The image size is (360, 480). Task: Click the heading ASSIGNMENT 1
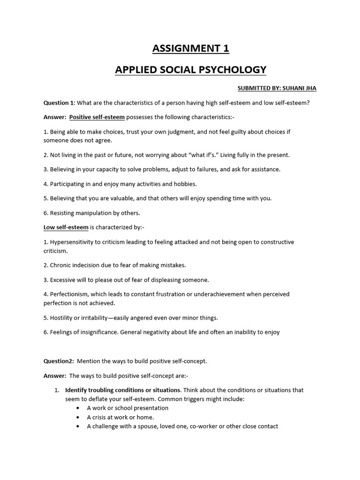tap(190, 48)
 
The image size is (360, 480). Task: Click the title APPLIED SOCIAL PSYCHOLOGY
tap(190, 70)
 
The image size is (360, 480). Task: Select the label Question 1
tap(59, 103)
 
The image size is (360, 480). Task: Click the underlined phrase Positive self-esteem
tap(97, 117)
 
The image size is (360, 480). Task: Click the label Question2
tap(59, 361)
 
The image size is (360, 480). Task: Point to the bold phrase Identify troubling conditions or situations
tap(123, 390)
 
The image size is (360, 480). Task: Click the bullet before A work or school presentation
tap(77, 408)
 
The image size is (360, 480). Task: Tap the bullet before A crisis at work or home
tap(77, 417)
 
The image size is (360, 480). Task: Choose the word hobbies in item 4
tap(185, 184)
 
